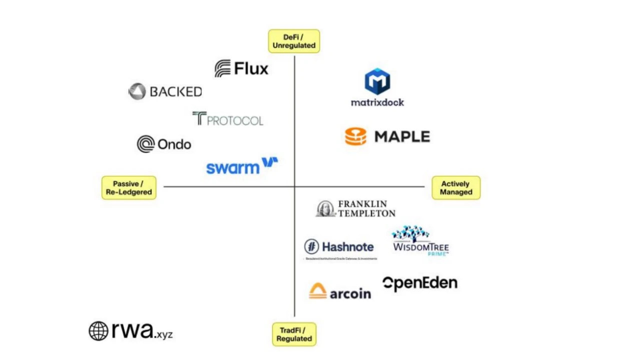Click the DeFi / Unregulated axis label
[x=294, y=41]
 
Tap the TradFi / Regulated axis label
[x=294, y=334]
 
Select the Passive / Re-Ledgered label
[x=129, y=187]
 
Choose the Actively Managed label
[x=455, y=187]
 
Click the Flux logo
[x=241, y=68]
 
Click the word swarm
[x=233, y=167]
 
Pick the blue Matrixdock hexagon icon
[x=377, y=81]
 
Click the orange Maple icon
[x=356, y=136]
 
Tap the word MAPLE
[x=402, y=136]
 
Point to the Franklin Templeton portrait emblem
[x=326, y=208]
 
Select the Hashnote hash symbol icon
[x=312, y=246]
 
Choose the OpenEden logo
[x=420, y=283]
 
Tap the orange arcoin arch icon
[x=318, y=291]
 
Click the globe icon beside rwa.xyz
[x=99, y=331]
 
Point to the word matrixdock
[x=377, y=102]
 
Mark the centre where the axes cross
[x=294, y=186]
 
